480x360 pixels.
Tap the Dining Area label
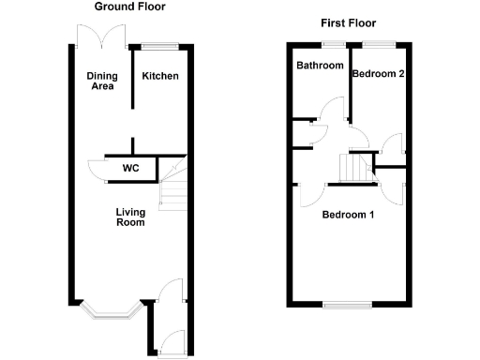100,82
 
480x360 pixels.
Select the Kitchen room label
159,76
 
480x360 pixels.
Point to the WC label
130,170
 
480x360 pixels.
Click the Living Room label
130,217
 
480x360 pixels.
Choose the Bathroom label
320,66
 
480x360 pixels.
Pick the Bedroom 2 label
378,74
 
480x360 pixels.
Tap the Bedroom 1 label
348,215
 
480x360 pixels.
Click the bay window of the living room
112,310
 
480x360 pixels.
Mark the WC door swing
97,169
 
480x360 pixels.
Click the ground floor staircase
172,187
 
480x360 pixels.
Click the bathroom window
332,44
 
